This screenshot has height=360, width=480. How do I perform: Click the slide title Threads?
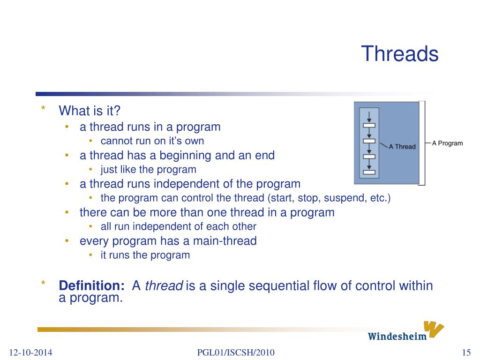pyautogui.click(x=399, y=54)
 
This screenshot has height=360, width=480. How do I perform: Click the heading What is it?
pyautogui.click(x=90, y=111)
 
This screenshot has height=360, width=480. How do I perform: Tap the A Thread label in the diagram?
pyautogui.click(x=402, y=146)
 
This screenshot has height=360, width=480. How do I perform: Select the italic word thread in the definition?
pyautogui.click(x=164, y=286)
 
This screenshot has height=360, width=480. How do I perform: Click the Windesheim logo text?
pyautogui.click(x=397, y=336)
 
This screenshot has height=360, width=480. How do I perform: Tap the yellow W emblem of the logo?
pyautogui.click(x=433, y=329)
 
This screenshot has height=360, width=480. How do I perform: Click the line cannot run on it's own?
pyautogui.click(x=152, y=141)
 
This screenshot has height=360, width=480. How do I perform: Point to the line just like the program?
pyautogui.click(x=148, y=170)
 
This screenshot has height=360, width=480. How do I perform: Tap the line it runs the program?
pyautogui.click(x=145, y=255)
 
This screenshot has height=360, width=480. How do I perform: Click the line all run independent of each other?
pyautogui.click(x=178, y=227)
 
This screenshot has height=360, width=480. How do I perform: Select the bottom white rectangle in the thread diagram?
pyautogui.click(x=369, y=172)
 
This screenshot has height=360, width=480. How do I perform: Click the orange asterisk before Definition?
pyautogui.click(x=43, y=284)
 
